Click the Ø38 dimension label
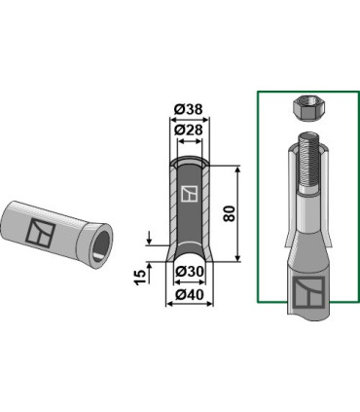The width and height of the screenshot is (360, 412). click(188, 109)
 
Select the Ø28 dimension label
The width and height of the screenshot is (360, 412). click(188, 130)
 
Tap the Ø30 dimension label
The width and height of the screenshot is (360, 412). click(190, 271)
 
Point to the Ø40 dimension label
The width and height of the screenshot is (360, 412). click(190, 295)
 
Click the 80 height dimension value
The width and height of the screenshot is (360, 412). click(230, 213)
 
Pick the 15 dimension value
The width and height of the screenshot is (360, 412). click(141, 278)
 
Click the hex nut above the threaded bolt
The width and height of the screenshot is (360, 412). click(306, 109)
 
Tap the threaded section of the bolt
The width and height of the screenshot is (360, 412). click(308, 163)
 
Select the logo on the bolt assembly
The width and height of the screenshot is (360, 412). click(308, 292)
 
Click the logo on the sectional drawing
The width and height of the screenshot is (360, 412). click(190, 194)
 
